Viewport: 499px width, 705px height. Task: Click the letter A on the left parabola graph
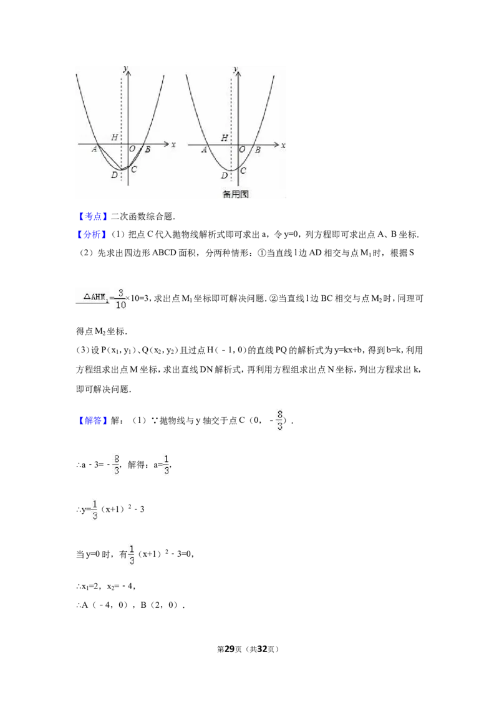94,149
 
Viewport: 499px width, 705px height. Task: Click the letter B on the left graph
147,149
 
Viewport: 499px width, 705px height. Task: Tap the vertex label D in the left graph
114,175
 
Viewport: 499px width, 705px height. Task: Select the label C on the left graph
134,169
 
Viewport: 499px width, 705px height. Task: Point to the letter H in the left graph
114,137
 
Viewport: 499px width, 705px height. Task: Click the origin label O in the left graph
132,149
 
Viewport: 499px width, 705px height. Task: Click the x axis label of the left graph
173,144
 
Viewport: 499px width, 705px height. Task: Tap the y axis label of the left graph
125,68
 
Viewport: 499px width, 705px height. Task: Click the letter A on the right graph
204,149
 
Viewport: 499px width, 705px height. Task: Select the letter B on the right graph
257,149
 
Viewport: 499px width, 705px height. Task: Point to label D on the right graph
224,176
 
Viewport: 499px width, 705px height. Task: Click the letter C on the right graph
243,169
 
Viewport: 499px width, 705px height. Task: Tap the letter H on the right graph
224,138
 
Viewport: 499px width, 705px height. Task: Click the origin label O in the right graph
242,149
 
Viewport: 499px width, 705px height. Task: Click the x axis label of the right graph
283,145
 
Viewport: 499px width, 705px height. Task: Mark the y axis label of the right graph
235,68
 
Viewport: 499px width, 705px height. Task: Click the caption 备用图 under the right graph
236,194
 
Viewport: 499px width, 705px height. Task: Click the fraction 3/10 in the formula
120,299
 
